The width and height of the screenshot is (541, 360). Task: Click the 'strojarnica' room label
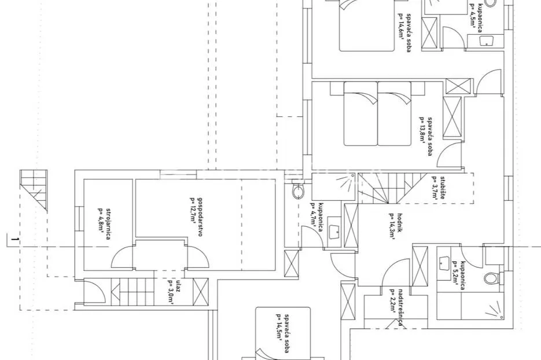coord(108,225)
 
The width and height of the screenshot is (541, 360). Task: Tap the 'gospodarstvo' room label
coord(200,217)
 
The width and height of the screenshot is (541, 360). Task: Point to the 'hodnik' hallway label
coord(400,223)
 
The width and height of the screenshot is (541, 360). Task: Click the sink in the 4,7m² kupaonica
coord(334,232)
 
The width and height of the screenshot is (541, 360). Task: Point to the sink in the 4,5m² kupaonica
coord(486,41)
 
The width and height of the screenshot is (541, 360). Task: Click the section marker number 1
coord(14,239)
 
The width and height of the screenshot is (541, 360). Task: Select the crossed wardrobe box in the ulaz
coord(200,292)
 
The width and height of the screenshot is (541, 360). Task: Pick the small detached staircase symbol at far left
coord(34,190)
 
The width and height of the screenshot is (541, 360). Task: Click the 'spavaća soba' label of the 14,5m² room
coord(286,333)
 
